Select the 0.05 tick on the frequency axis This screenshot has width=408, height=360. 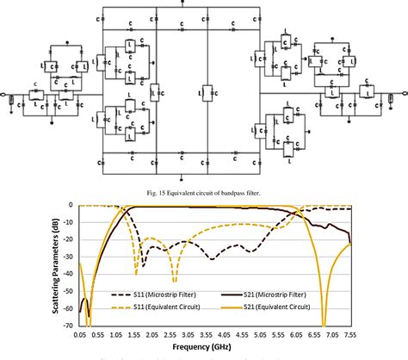pos(79,331)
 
